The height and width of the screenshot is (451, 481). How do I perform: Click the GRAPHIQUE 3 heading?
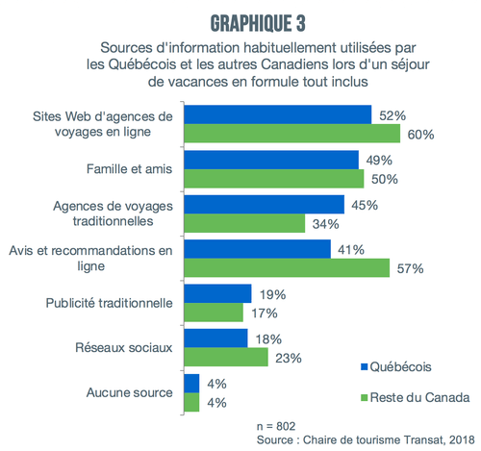[258, 23]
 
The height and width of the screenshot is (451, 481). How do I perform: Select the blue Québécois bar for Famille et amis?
[271, 160]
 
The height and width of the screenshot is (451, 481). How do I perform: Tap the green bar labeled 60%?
[292, 134]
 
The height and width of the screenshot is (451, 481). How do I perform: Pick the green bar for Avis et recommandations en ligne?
[287, 267]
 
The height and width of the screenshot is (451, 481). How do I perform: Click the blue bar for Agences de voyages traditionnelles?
[265, 204]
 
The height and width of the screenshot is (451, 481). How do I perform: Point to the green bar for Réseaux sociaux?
[226, 357]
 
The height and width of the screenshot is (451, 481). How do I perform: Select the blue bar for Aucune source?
[191, 384]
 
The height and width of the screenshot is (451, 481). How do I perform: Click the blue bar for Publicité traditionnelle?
[217, 293]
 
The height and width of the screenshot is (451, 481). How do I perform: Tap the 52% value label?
[392, 115]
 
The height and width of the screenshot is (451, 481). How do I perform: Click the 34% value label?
[326, 224]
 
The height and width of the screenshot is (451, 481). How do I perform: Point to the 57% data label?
[410, 268]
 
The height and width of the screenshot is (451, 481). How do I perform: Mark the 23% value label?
[289, 358]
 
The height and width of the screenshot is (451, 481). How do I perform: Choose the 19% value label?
[272, 294]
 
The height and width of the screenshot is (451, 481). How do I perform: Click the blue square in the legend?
[364, 366]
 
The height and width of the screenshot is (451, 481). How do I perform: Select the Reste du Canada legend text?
[419, 397]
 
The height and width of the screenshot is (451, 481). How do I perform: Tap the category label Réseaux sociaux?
[124, 347]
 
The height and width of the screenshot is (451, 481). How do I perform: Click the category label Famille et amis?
[129, 168]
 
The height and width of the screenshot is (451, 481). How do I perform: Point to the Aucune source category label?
[129, 392]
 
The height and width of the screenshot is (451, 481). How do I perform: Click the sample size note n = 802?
[276, 426]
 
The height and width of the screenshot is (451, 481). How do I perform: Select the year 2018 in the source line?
[462, 439]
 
